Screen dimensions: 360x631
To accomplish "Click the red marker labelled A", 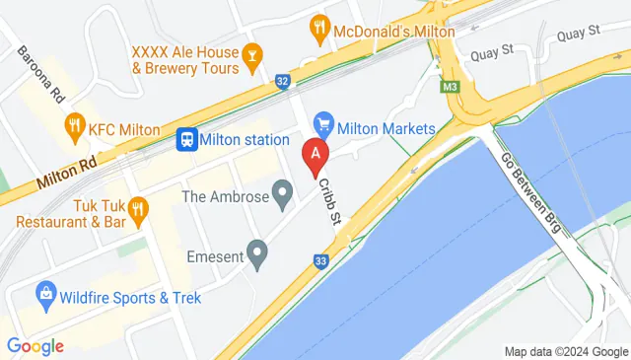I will click(315, 155).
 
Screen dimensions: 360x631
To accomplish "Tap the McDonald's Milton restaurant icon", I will click(318, 29).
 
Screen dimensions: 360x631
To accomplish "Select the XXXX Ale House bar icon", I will click(252, 58).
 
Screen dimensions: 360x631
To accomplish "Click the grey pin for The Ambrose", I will click(283, 194).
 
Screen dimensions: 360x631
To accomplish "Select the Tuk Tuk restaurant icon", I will click(137, 207).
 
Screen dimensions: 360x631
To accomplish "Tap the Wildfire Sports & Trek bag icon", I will click(44, 294).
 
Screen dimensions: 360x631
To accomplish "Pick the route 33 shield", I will click(320, 261).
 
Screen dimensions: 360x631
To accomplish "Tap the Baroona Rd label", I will click(39, 74).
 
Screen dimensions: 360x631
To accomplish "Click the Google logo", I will click(35, 345).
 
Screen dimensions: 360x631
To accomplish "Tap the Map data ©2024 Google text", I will click(566, 352).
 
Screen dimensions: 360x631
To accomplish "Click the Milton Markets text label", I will click(386, 128).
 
